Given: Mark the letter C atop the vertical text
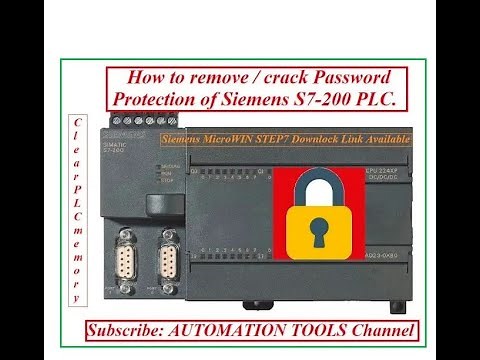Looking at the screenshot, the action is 76,120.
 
